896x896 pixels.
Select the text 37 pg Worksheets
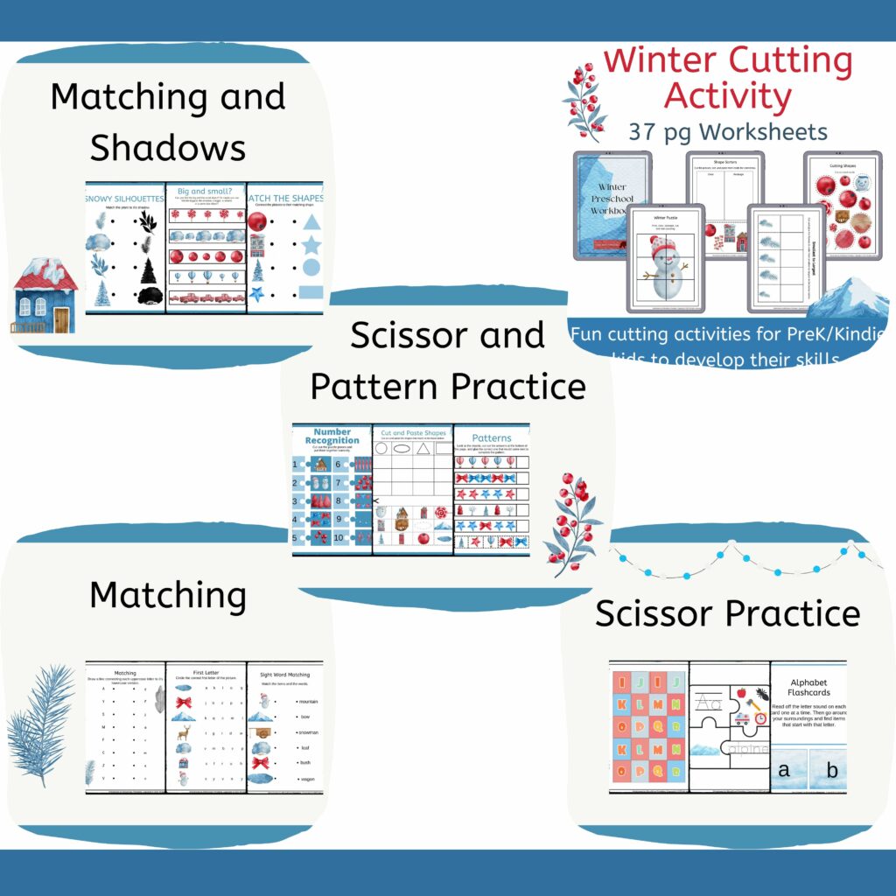(x=727, y=131)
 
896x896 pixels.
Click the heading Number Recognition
(x=332, y=436)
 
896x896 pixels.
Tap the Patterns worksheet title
(x=492, y=437)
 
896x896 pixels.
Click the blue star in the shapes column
(x=311, y=244)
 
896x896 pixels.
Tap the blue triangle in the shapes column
(x=311, y=220)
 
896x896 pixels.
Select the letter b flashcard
(x=831, y=770)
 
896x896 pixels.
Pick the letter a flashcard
(x=784, y=770)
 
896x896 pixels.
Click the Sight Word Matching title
(x=284, y=675)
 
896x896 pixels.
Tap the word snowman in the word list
(x=307, y=732)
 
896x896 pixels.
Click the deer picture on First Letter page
(x=183, y=731)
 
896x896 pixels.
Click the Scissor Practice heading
(x=727, y=613)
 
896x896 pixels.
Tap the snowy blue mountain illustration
(x=845, y=299)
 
